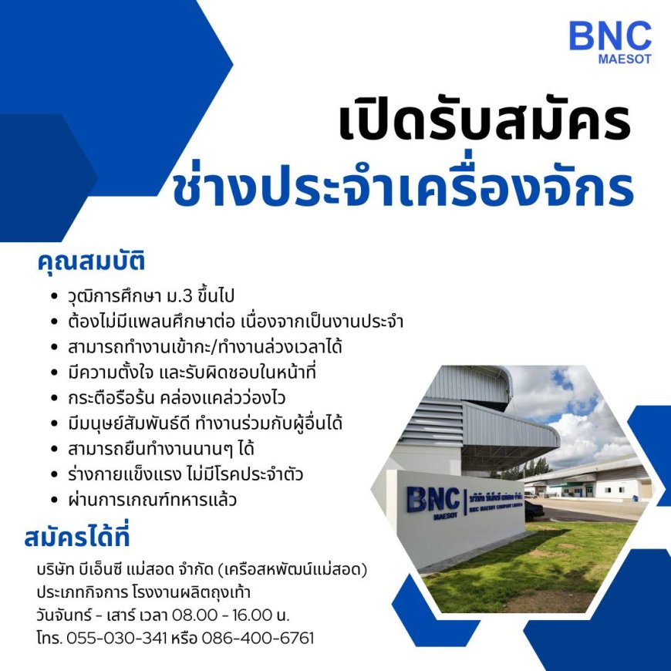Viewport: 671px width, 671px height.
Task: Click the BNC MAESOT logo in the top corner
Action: click(x=610, y=42)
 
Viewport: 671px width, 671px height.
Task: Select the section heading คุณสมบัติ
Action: click(x=91, y=261)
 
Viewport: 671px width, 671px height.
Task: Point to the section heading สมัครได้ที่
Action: click(x=77, y=536)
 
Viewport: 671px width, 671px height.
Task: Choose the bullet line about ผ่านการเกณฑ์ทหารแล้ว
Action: click(x=152, y=500)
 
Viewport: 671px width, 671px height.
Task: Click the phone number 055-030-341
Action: click(x=116, y=638)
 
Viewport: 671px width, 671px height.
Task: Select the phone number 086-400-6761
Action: click(x=258, y=638)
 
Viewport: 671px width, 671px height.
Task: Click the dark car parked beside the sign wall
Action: click(x=534, y=511)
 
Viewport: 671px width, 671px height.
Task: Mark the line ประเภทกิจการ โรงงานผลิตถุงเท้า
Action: click(x=143, y=592)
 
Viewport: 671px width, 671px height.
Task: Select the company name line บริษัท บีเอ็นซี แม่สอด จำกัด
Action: click(x=202, y=570)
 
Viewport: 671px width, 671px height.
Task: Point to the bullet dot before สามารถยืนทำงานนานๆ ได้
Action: click(x=54, y=449)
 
